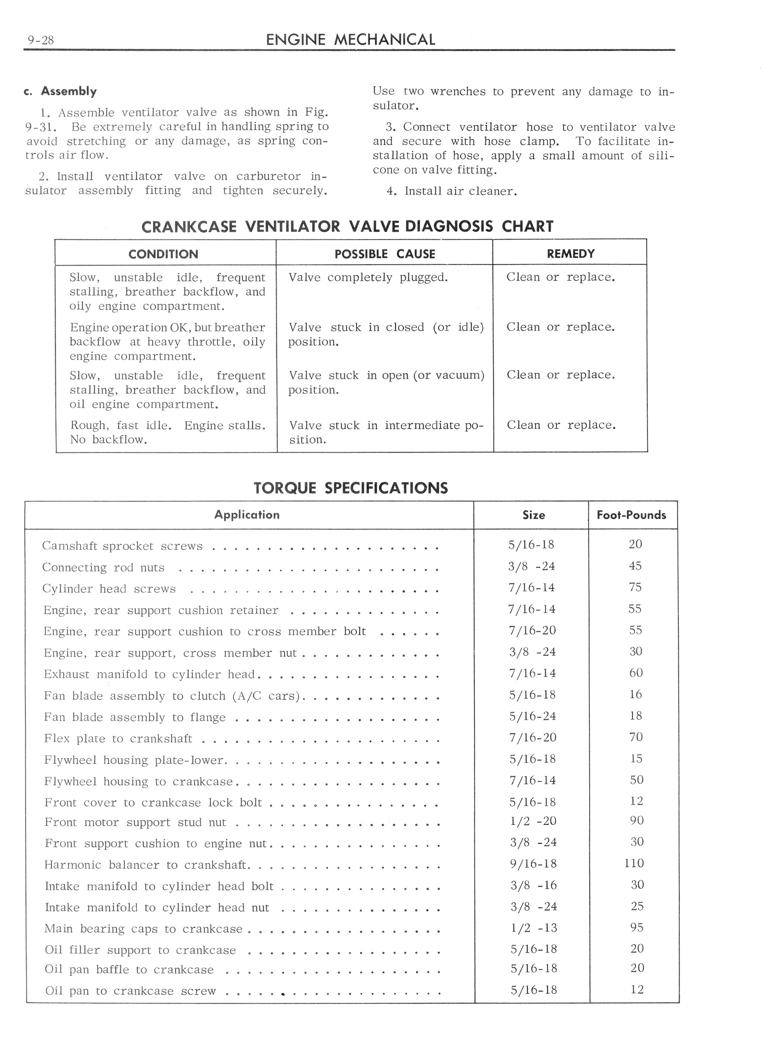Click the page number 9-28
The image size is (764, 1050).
[41, 40]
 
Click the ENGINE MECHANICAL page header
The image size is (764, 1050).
[350, 40]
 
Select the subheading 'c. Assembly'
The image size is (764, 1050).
[60, 91]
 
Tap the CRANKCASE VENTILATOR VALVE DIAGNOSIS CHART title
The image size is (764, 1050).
[347, 226]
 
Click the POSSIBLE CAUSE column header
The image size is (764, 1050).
[384, 254]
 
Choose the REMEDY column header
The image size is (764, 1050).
[570, 254]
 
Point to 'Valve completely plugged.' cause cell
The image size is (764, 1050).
[368, 277]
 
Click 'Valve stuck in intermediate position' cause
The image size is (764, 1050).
[386, 432]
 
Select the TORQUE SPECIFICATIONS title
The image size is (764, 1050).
[350, 488]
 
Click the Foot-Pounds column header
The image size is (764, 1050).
[631, 515]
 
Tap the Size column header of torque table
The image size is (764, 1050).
[533, 515]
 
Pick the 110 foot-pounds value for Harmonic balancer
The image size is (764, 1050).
[634, 863]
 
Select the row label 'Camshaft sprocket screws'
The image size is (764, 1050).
[122, 546]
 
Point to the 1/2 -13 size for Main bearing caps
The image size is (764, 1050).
[533, 928]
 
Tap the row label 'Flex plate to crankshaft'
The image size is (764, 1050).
[118, 739]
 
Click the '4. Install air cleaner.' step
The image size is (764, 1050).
[452, 191]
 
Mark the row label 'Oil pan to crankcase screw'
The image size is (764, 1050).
[130, 991]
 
